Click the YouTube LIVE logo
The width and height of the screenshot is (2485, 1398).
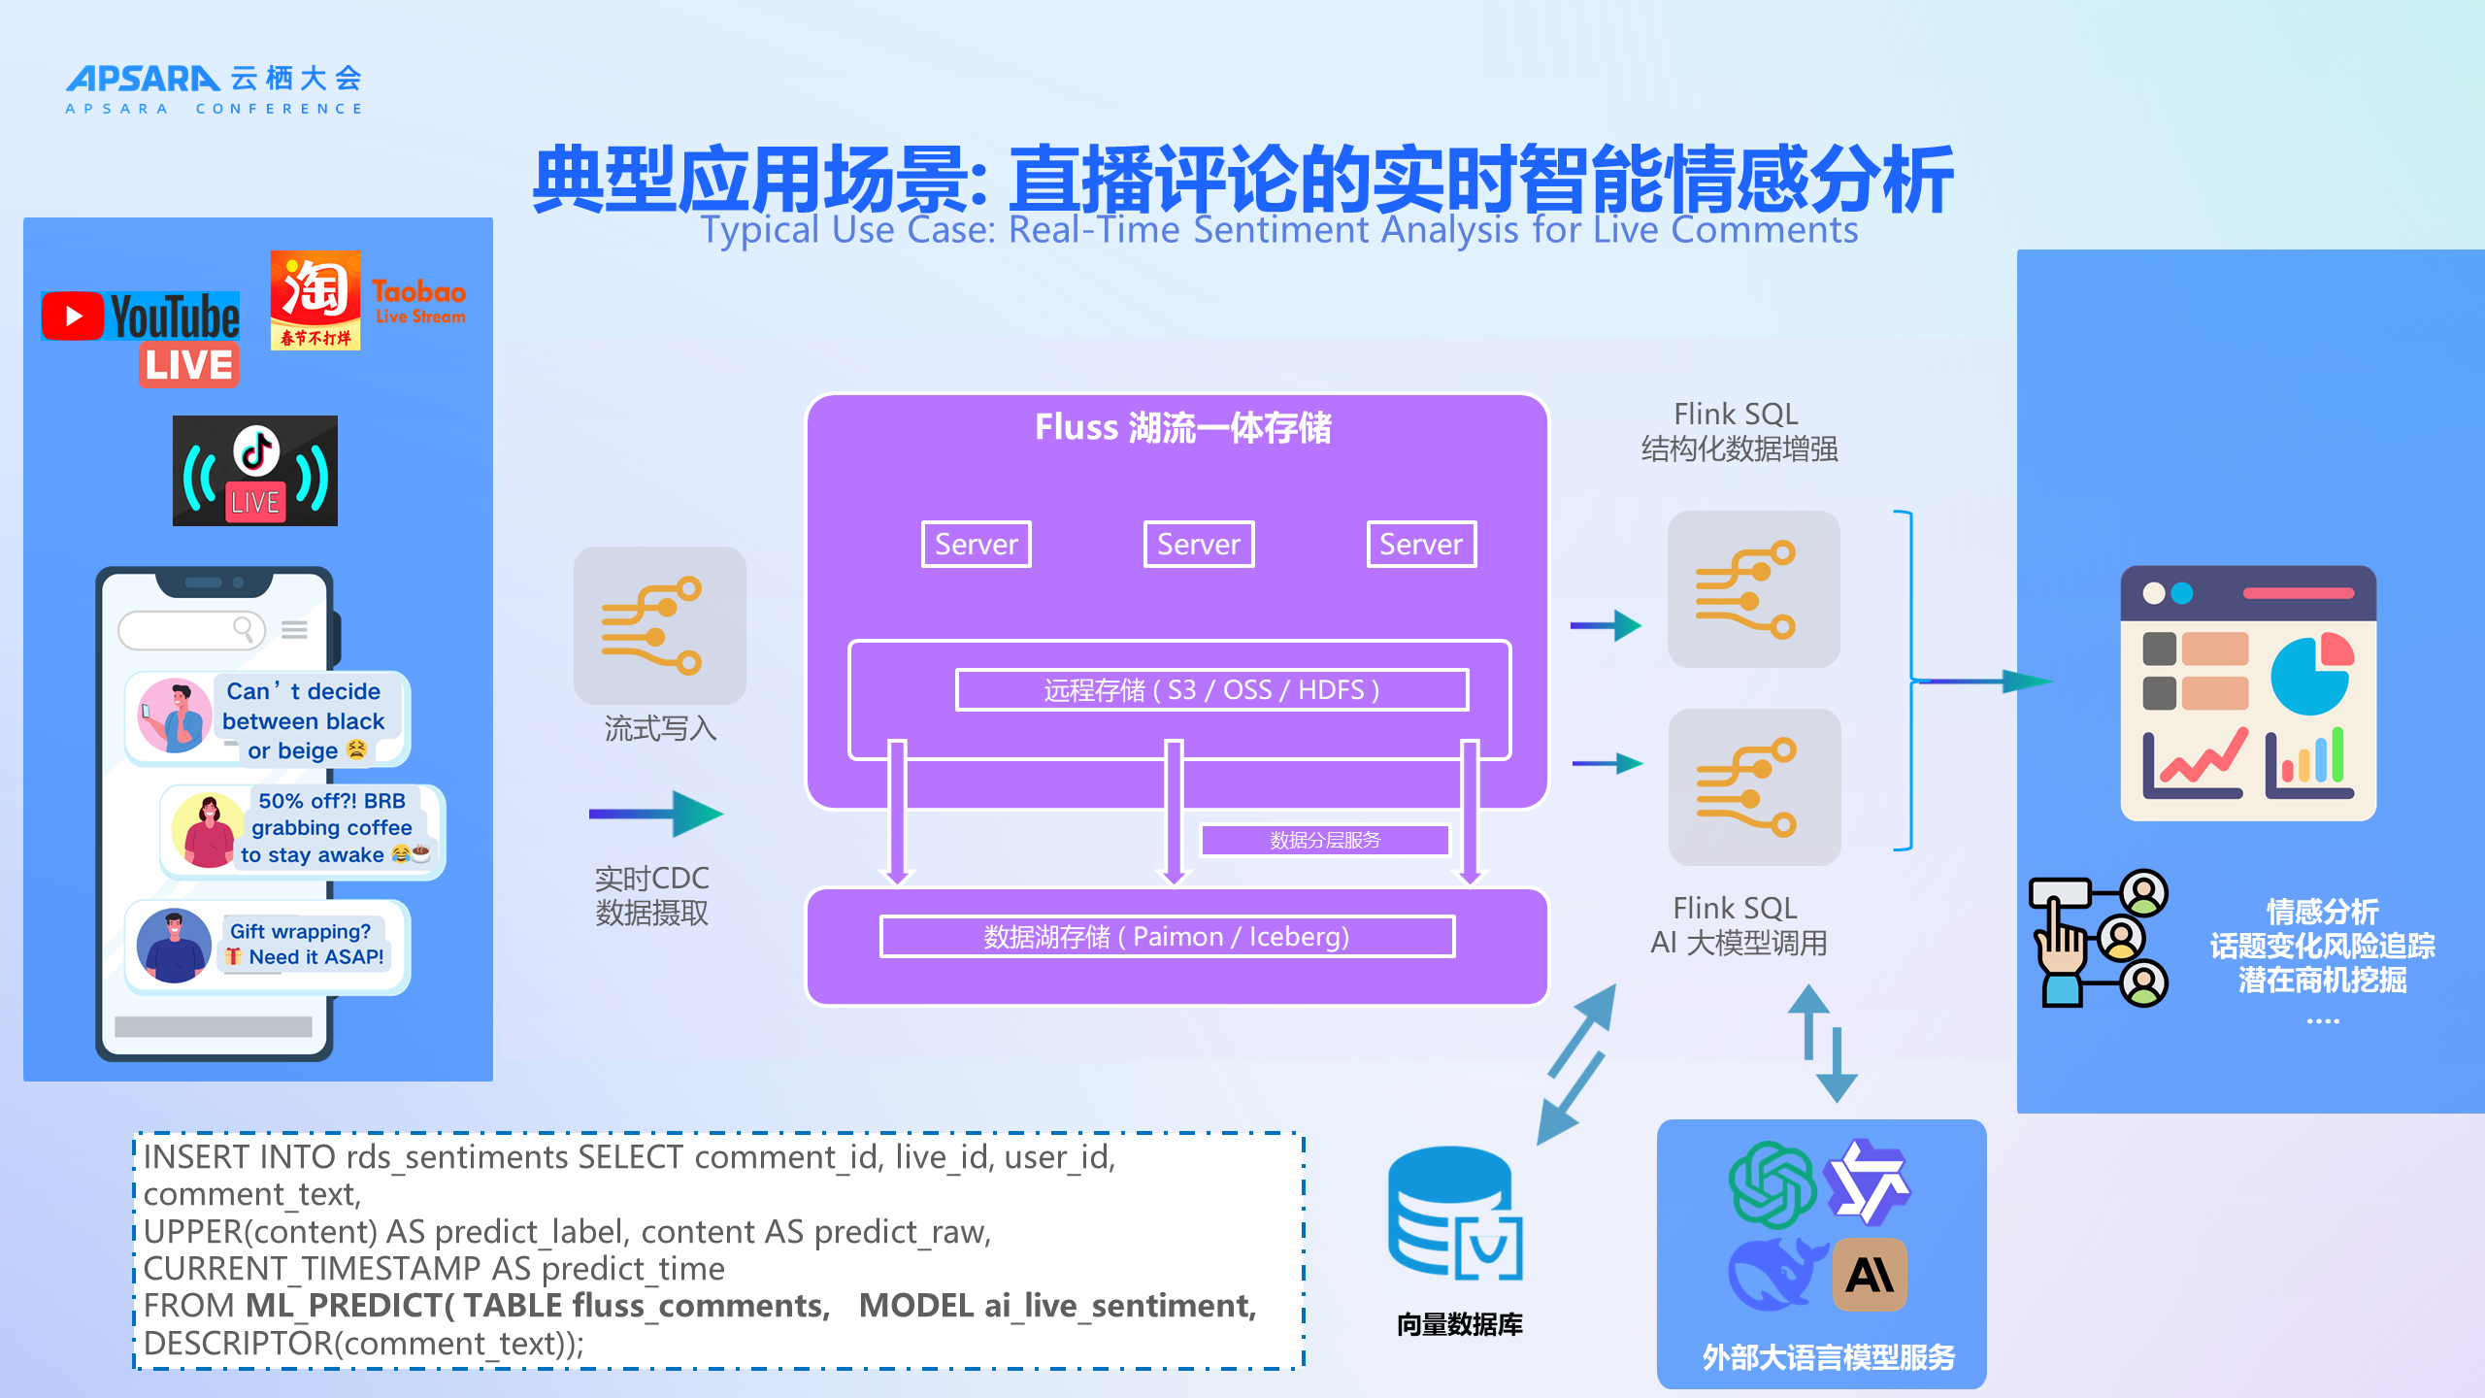142,335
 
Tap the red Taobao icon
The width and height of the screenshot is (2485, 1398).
315,299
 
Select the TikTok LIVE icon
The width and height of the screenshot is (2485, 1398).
255,471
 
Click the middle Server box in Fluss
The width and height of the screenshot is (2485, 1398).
1199,544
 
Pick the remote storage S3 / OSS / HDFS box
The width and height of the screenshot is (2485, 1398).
1211,690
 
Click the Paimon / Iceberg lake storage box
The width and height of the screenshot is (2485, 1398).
1167,937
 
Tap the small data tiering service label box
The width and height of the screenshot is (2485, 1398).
1325,840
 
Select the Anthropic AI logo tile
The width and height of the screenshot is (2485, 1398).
1870,1275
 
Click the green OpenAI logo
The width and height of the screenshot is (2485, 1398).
1772,1184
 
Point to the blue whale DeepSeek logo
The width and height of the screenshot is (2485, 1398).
1772,1274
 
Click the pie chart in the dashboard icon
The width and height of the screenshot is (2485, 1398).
2311,676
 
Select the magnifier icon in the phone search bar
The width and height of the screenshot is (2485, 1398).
244,630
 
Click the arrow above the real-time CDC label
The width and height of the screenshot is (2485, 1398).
656,814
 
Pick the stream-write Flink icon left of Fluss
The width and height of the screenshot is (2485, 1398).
660,625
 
